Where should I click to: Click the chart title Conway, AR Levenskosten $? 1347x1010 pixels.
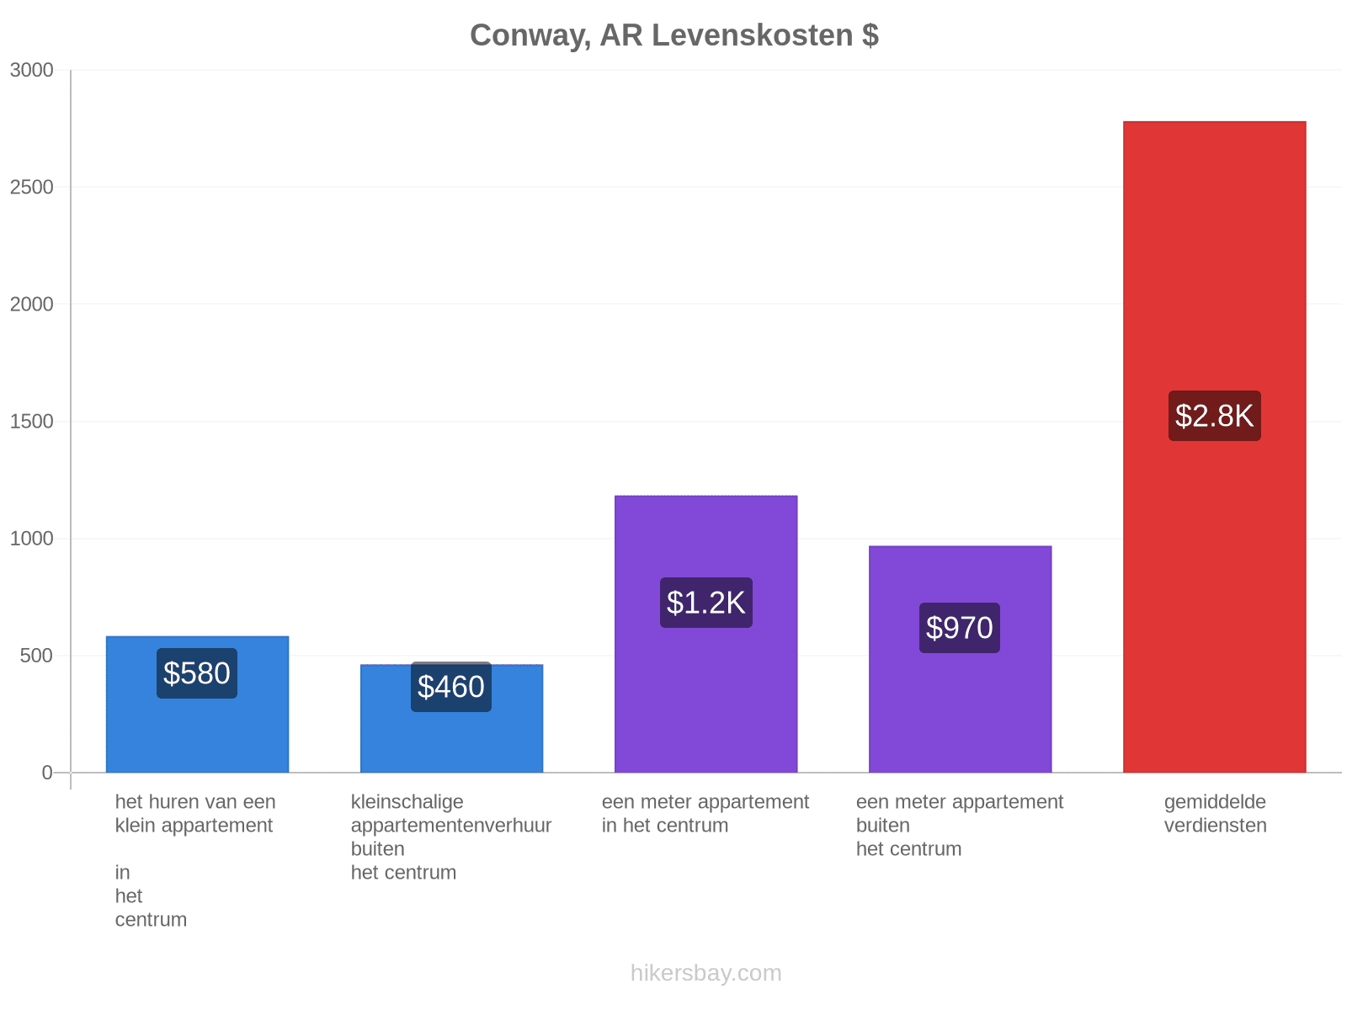(x=673, y=35)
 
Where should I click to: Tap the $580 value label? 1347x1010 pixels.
(x=196, y=673)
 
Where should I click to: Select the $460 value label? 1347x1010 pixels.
(x=451, y=687)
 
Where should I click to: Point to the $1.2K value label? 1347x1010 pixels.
(x=705, y=603)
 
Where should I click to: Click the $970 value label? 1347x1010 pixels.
(x=959, y=628)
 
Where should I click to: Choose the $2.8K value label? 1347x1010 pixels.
(x=1215, y=416)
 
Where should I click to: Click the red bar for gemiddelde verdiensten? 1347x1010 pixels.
(x=1215, y=447)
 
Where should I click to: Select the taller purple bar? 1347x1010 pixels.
(x=705, y=634)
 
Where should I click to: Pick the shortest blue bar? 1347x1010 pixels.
(x=451, y=719)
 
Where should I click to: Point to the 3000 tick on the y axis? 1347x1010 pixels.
(x=31, y=70)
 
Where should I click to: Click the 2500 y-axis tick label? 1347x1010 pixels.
(x=31, y=187)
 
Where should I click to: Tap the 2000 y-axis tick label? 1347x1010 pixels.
(x=31, y=304)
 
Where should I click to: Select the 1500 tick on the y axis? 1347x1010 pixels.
(x=31, y=422)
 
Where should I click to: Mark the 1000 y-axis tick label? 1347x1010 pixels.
(x=31, y=539)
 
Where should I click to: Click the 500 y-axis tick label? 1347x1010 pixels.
(x=37, y=656)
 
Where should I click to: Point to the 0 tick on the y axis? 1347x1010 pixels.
(x=47, y=773)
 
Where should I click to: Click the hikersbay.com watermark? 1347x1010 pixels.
(x=705, y=973)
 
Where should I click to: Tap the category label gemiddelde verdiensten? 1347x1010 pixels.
(x=1215, y=814)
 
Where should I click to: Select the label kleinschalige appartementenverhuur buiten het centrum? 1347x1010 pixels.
(x=451, y=837)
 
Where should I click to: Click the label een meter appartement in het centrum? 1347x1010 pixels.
(x=705, y=814)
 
